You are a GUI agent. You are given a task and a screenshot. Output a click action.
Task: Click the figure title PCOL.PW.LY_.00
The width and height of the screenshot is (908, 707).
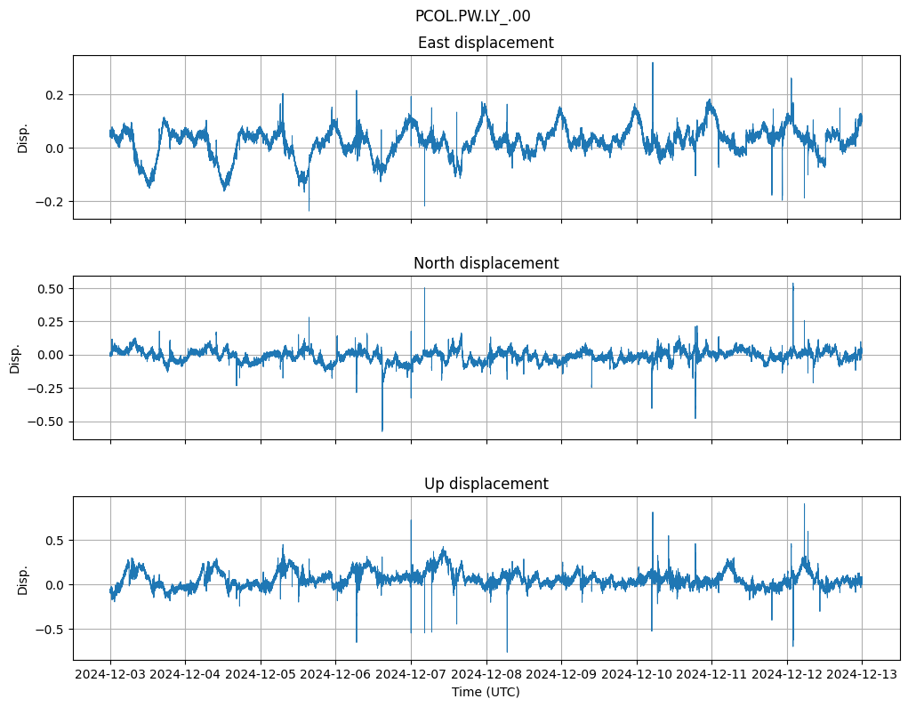(x=472, y=16)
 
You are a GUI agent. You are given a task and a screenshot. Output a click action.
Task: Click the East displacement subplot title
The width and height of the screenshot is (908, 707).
(x=486, y=43)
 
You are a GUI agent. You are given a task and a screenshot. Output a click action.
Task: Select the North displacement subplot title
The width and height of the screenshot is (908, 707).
(x=486, y=263)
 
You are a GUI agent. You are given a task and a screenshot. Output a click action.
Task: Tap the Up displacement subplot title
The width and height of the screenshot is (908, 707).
(x=486, y=484)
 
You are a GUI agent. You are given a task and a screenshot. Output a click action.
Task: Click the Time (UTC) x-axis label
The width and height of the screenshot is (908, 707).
(x=486, y=691)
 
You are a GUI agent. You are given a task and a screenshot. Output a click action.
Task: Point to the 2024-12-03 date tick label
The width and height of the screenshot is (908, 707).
(x=110, y=674)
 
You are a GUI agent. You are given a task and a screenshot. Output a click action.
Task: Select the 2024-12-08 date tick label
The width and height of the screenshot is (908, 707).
(x=486, y=674)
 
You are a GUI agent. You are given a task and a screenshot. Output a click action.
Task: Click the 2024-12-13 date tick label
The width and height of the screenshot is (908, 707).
(x=862, y=674)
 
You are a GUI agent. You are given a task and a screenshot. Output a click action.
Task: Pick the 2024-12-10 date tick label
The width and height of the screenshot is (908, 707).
(x=637, y=674)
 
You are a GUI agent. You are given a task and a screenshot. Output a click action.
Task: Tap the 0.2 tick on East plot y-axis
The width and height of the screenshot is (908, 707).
(x=52, y=94)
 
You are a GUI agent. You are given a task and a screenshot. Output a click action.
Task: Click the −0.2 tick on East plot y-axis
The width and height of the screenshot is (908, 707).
(x=49, y=201)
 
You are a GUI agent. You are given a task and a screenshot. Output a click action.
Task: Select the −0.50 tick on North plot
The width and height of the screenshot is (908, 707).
(x=45, y=422)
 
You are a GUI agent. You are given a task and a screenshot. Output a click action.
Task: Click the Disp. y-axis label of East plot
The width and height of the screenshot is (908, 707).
(x=23, y=138)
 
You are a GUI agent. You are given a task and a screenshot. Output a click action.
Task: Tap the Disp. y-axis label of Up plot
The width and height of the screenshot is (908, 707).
(x=23, y=579)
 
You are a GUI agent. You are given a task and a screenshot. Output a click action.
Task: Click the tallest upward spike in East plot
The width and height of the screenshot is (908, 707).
(x=653, y=63)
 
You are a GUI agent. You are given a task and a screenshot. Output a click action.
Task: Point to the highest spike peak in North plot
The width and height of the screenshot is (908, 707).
(x=793, y=285)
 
